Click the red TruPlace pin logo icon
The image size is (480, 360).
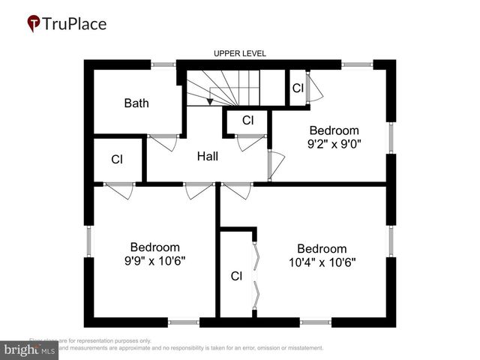34,24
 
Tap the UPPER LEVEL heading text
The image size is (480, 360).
240,54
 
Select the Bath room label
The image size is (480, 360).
136,103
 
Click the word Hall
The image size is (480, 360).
208,156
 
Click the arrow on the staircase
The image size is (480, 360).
212,96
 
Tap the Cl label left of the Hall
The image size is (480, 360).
117,159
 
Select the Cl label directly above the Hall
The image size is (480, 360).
248,120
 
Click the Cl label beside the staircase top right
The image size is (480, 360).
298,88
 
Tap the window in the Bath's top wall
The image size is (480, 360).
163,64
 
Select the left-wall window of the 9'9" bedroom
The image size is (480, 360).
89,241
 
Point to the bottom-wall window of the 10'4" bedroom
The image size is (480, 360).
316,322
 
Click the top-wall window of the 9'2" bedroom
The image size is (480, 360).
357,64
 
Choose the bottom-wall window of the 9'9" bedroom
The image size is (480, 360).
184,322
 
